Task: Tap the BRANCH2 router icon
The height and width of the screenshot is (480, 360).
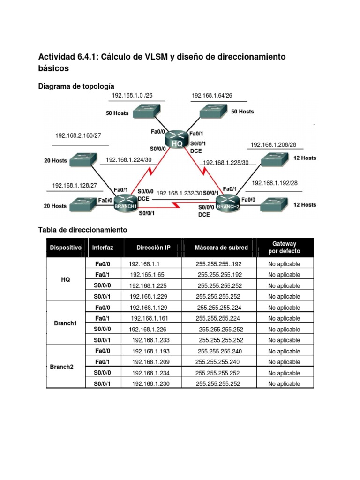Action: pyautogui.click(x=227, y=203)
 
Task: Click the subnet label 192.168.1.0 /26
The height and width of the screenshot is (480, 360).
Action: pyautogui.click(x=132, y=96)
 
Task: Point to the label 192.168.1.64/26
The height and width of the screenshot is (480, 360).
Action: pyautogui.click(x=212, y=96)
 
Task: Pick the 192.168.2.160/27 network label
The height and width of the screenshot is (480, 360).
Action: pyautogui.click(x=78, y=135)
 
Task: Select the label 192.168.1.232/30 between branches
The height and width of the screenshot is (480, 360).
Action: pyautogui.click(x=180, y=193)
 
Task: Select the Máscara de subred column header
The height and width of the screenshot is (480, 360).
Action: pyautogui.click(x=218, y=247)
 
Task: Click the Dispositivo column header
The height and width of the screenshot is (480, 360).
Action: pyautogui.click(x=66, y=247)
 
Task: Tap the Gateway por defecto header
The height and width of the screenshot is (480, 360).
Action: pyautogui.click(x=284, y=247)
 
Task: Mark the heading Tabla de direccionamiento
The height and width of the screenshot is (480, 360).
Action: pyautogui.click(x=82, y=230)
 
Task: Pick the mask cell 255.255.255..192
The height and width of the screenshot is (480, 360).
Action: pyautogui.click(x=219, y=264)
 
